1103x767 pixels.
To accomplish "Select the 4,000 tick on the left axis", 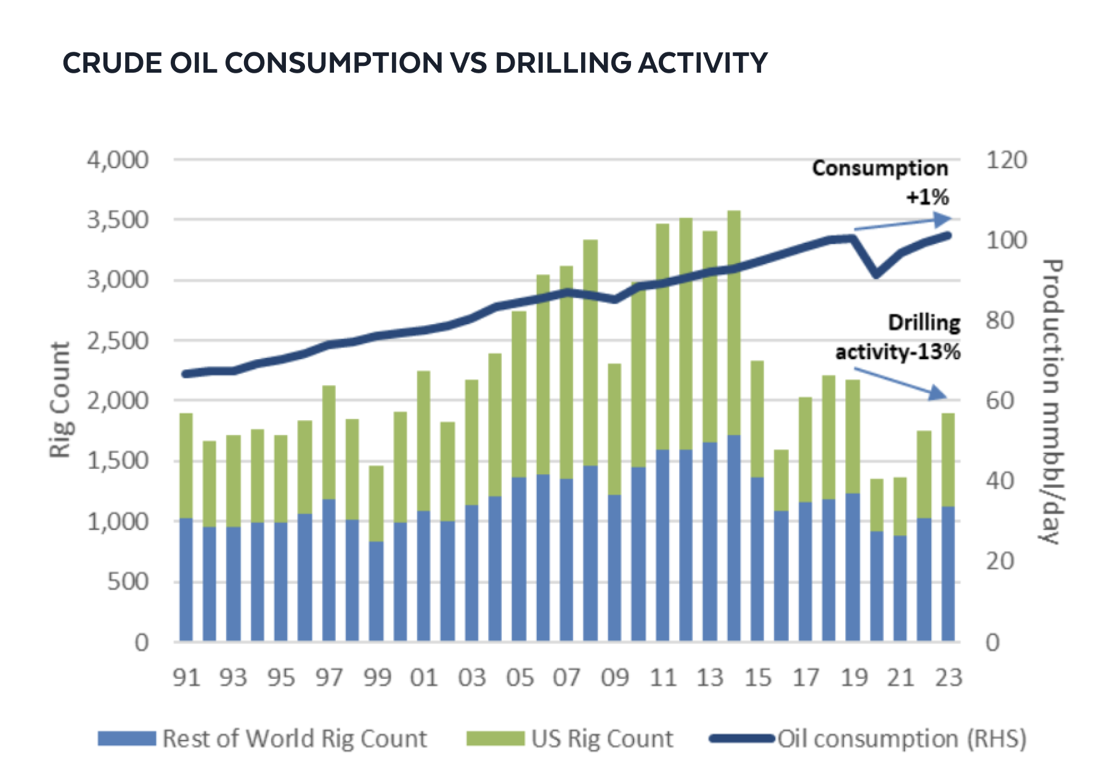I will coord(118,160).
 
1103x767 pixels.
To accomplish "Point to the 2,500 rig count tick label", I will coord(118,341).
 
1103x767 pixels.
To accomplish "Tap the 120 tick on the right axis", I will coord(1006,160).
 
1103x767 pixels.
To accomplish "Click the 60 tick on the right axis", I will coord(999,401).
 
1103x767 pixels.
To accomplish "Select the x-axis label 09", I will coord(615,678).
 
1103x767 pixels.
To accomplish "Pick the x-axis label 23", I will coord(948,678).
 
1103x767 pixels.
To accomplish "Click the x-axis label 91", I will coord(186,678).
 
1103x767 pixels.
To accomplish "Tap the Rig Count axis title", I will coord(60,400).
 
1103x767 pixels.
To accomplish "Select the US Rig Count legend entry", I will coord(570,738).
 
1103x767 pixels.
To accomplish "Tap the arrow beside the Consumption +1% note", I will coord(903,224).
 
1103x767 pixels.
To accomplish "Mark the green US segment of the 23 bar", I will coord(948,460).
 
